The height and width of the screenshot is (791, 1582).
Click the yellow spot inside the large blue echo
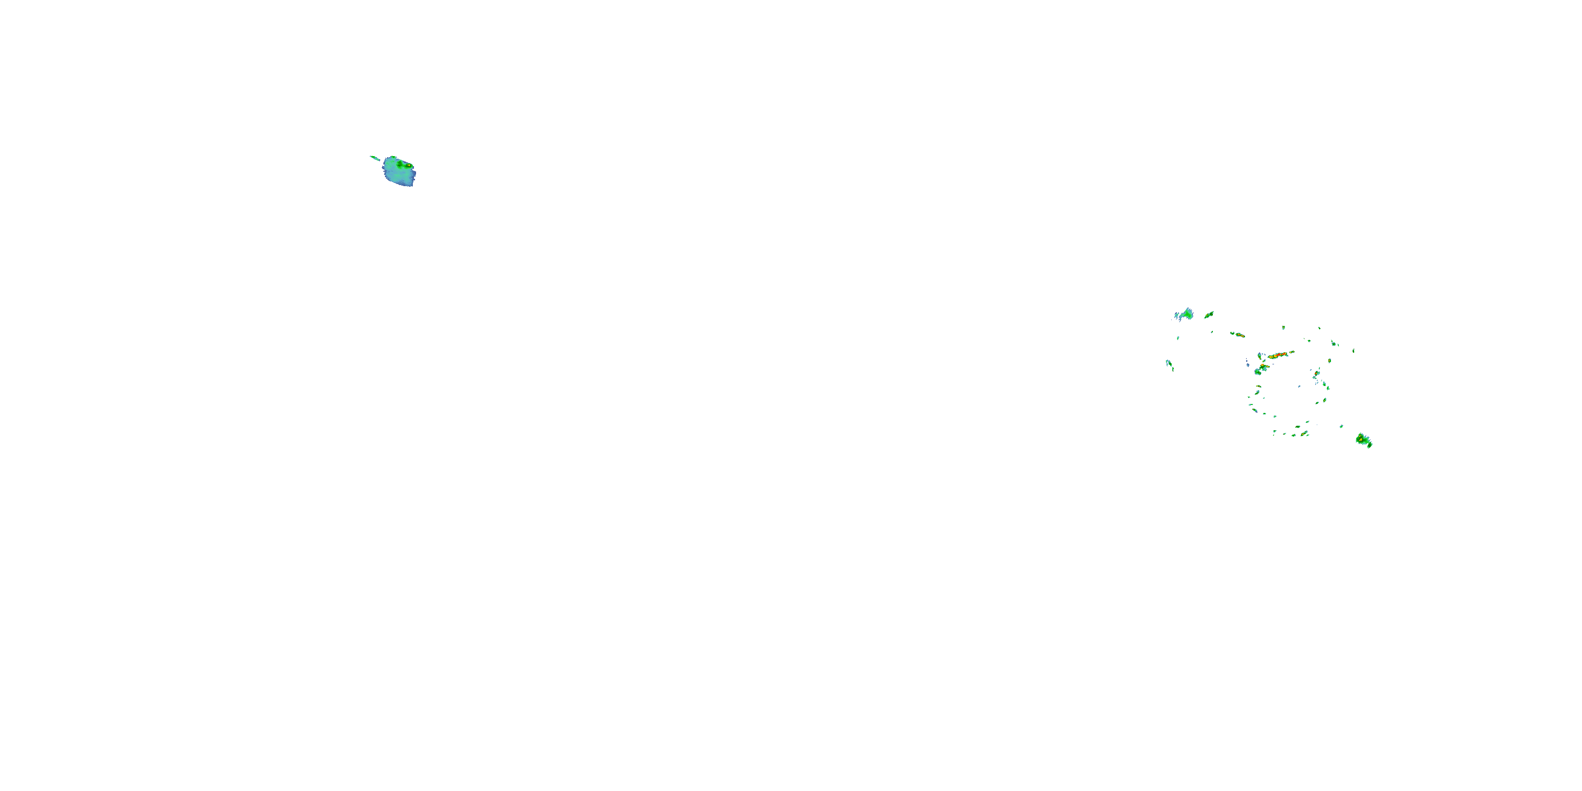click(x=408, y=165)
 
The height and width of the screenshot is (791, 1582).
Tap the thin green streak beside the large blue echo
click(x=374, y=158)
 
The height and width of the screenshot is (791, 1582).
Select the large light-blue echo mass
click(x=398, y=173)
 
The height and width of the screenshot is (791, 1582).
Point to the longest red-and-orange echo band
click(x=1279, y=355)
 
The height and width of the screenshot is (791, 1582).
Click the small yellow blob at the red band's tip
click(x=1292, y=352)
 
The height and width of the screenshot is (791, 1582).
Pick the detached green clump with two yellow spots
click(x=1363, y=440)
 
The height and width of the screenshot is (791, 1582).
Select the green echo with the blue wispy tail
click(x=1188, y=314)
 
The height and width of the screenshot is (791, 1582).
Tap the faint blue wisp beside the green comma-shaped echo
click(x=1176, y=316)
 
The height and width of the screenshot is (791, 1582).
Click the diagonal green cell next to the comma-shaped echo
click(x=1209, y=314)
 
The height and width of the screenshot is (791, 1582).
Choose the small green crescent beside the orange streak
click(x=1232, y=333)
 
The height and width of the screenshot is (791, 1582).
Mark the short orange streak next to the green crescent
click(x=1240, y=335)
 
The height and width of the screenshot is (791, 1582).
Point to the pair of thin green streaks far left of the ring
click(x=1169, y=364)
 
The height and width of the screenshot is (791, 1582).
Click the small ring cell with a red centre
click(x=1317, y=373)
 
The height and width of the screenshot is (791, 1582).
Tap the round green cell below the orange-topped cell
click(x=1258, y=372)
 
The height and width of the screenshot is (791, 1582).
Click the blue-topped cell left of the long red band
click(x=1260, y=356)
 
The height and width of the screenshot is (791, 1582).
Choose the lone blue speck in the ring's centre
click(x=1299, y=387)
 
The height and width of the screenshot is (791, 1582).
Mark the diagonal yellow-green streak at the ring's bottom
click(x=1305, y=433)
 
